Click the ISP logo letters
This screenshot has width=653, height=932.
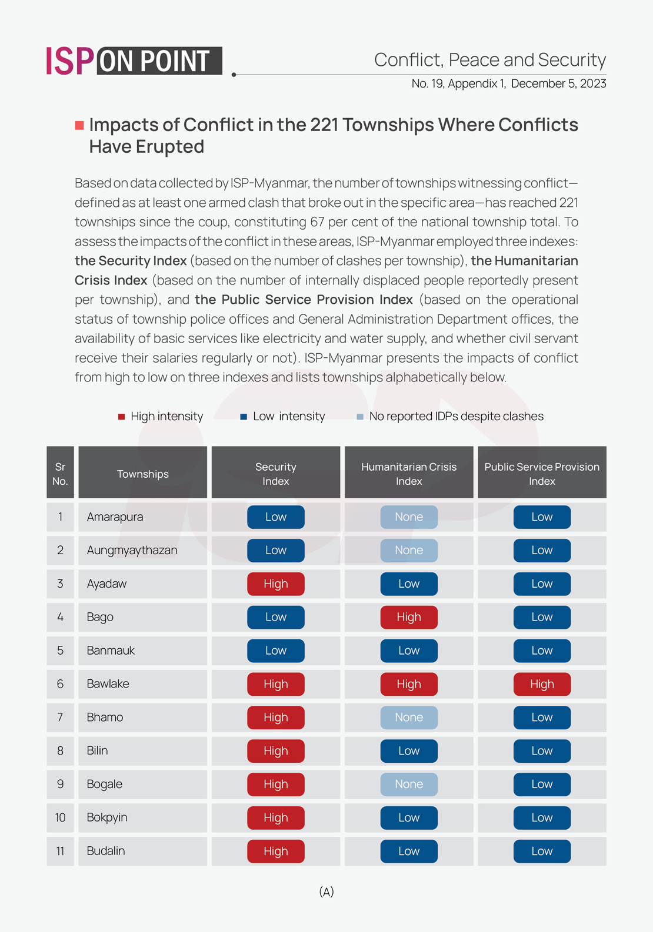(x=69, y=61)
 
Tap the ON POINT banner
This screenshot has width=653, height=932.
(x=159, y=61)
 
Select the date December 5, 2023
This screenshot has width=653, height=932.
(x=558, y=83)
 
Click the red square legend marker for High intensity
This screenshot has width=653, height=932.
(x=122, y=417)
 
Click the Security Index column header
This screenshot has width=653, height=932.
(x=275, y=474)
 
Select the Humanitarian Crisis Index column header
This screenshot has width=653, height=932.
(x=409, y=474)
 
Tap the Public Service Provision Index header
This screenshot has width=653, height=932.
(x=542, y=474)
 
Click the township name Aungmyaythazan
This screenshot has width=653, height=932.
(x=132, y=550)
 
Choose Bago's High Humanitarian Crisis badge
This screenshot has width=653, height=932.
(x=409, y=617)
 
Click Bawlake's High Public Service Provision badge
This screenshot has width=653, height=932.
(x=542, y=684)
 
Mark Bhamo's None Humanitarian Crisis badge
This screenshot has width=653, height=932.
(x=409, y=718)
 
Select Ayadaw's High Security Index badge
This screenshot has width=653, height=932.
(x=275, y=584)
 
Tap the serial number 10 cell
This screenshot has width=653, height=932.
(x=60, y=817)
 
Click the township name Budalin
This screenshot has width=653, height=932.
(x=106, y=851)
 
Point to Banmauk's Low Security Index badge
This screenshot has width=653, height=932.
(x=275, y=651)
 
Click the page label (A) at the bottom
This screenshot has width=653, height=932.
(x=326, y=892)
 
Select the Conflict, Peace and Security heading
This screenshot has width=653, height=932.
(x=489, y=60)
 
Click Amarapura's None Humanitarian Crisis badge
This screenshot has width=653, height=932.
(x=409, y=517)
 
